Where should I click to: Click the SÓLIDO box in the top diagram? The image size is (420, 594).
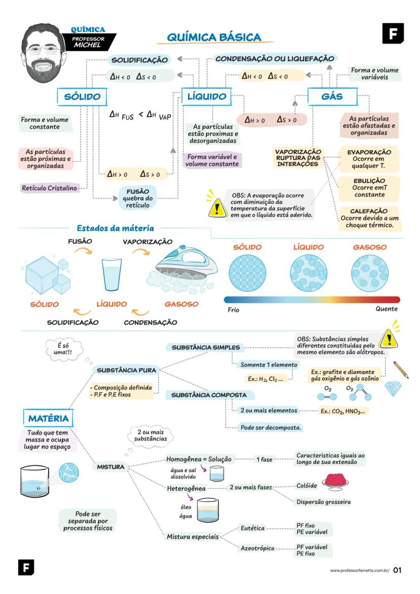pyautogui.click(x=82, y=97)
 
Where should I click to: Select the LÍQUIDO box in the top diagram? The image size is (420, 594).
pyautogui.click(x=206, y=96)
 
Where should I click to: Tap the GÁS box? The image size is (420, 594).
pyautogui.click(x=332, y=96)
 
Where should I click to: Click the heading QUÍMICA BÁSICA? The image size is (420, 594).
pyautogui.click(x=214, y=37)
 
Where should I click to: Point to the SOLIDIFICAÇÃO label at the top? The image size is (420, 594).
pyautogui.click(x=139, y=60)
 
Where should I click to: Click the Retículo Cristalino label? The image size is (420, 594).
pyautogui.click(x=49, y=188)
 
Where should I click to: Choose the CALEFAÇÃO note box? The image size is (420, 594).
pyautogui.click(x=369, y=217)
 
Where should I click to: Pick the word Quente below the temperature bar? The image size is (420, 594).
pyautogui.click(x=387, y=309)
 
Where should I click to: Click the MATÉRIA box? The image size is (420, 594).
pyautogui.click(x=48, y=418)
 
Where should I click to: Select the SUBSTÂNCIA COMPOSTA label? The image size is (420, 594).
pyautogui.click(x=209, y=395)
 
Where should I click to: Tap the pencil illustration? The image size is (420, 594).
pyautogui.click(x=400, y=369)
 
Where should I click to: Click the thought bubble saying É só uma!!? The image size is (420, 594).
pyautogui.click(x=63, y=349)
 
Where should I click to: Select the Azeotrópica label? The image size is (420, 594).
pyautogui.click(x=257, y=548)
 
